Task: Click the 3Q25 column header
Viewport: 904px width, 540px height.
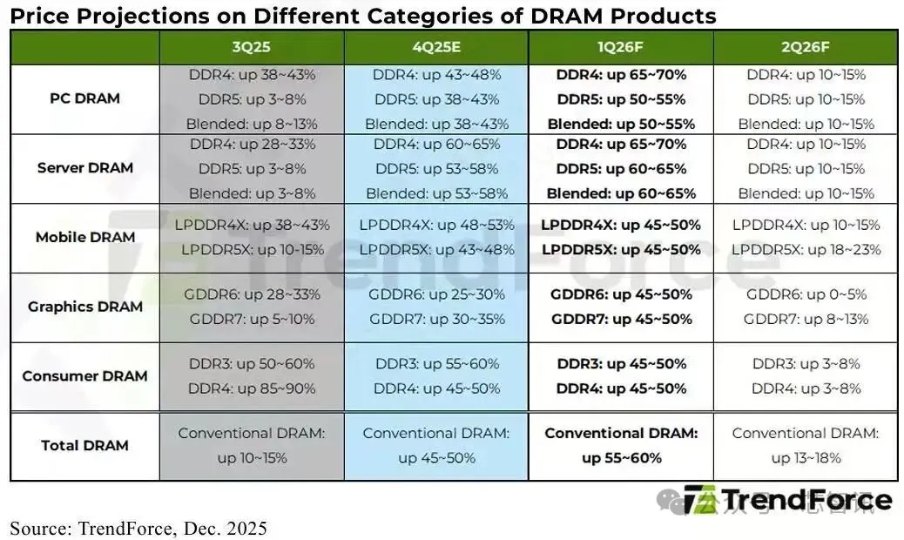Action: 252,47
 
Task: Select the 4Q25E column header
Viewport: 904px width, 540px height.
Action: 436,47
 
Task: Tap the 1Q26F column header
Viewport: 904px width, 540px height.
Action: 621,47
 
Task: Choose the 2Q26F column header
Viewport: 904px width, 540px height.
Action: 806,47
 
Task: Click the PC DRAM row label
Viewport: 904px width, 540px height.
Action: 84,98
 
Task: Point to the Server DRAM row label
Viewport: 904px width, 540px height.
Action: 84,168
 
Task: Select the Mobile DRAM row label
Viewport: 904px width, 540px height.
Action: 84,237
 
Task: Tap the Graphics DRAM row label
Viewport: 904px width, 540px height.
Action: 84,307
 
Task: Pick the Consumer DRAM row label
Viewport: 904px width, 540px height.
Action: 84,376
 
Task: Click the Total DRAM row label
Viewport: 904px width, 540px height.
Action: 84,445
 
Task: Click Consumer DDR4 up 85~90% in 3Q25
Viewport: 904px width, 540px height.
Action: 252,388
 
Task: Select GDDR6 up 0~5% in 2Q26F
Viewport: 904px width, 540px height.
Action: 806,294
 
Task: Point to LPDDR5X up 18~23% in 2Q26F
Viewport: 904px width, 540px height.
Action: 806,250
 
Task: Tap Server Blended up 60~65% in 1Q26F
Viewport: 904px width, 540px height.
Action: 621,193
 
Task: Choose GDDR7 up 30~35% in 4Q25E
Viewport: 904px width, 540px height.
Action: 436,319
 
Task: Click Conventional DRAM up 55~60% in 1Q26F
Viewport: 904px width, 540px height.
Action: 621,445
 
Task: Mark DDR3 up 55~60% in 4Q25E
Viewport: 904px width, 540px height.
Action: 436,363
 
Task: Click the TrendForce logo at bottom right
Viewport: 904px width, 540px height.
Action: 787,501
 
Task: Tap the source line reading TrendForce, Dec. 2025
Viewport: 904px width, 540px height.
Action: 138,528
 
